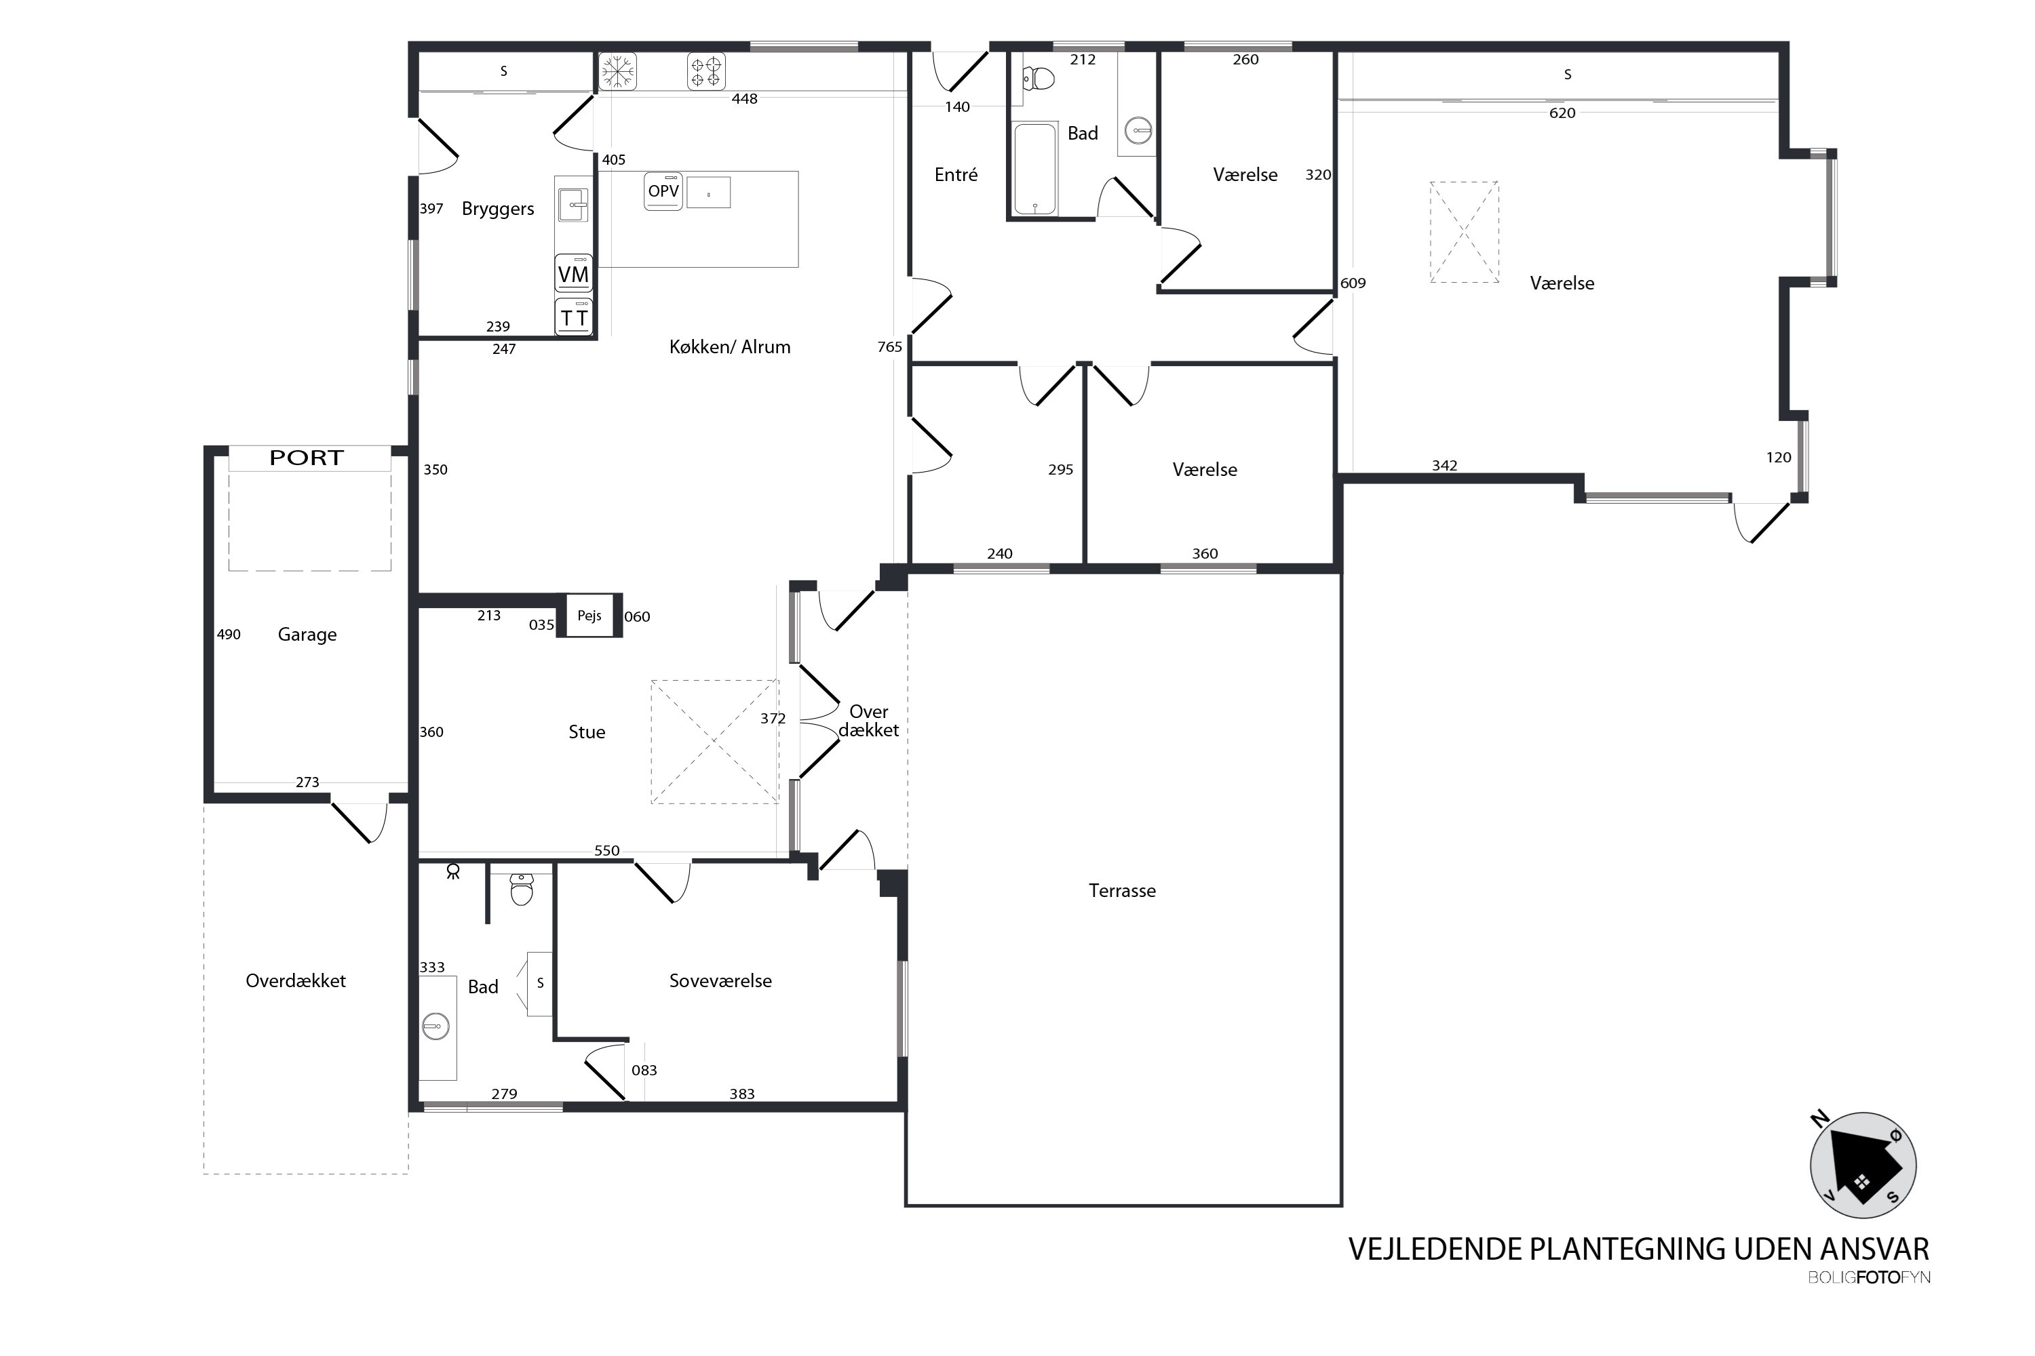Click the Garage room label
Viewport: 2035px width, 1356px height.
(307, 636)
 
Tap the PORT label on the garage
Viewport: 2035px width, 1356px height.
(307, 458)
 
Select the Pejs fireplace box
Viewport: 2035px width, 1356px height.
(589, 616)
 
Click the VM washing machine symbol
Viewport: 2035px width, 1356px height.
(574, 274)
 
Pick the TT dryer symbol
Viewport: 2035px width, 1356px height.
(574, 317)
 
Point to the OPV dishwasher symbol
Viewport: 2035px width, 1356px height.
(663, 191)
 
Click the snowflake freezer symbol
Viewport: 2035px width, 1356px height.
(618, 71)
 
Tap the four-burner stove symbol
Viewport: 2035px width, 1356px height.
(706, 71)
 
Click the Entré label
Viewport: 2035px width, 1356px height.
(956, 175)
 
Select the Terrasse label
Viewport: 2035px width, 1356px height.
(1122, 891)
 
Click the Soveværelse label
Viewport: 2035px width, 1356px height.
(720, 980)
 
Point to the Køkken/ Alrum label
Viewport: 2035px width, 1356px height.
(729, 346)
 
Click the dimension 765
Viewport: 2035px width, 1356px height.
(889, 346)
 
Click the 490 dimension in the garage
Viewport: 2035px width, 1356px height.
(229, 635)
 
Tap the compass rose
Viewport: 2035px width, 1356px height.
(1863, 1165)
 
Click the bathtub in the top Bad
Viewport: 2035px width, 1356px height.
(1035, 167)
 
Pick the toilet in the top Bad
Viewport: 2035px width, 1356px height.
(1039, 79)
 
